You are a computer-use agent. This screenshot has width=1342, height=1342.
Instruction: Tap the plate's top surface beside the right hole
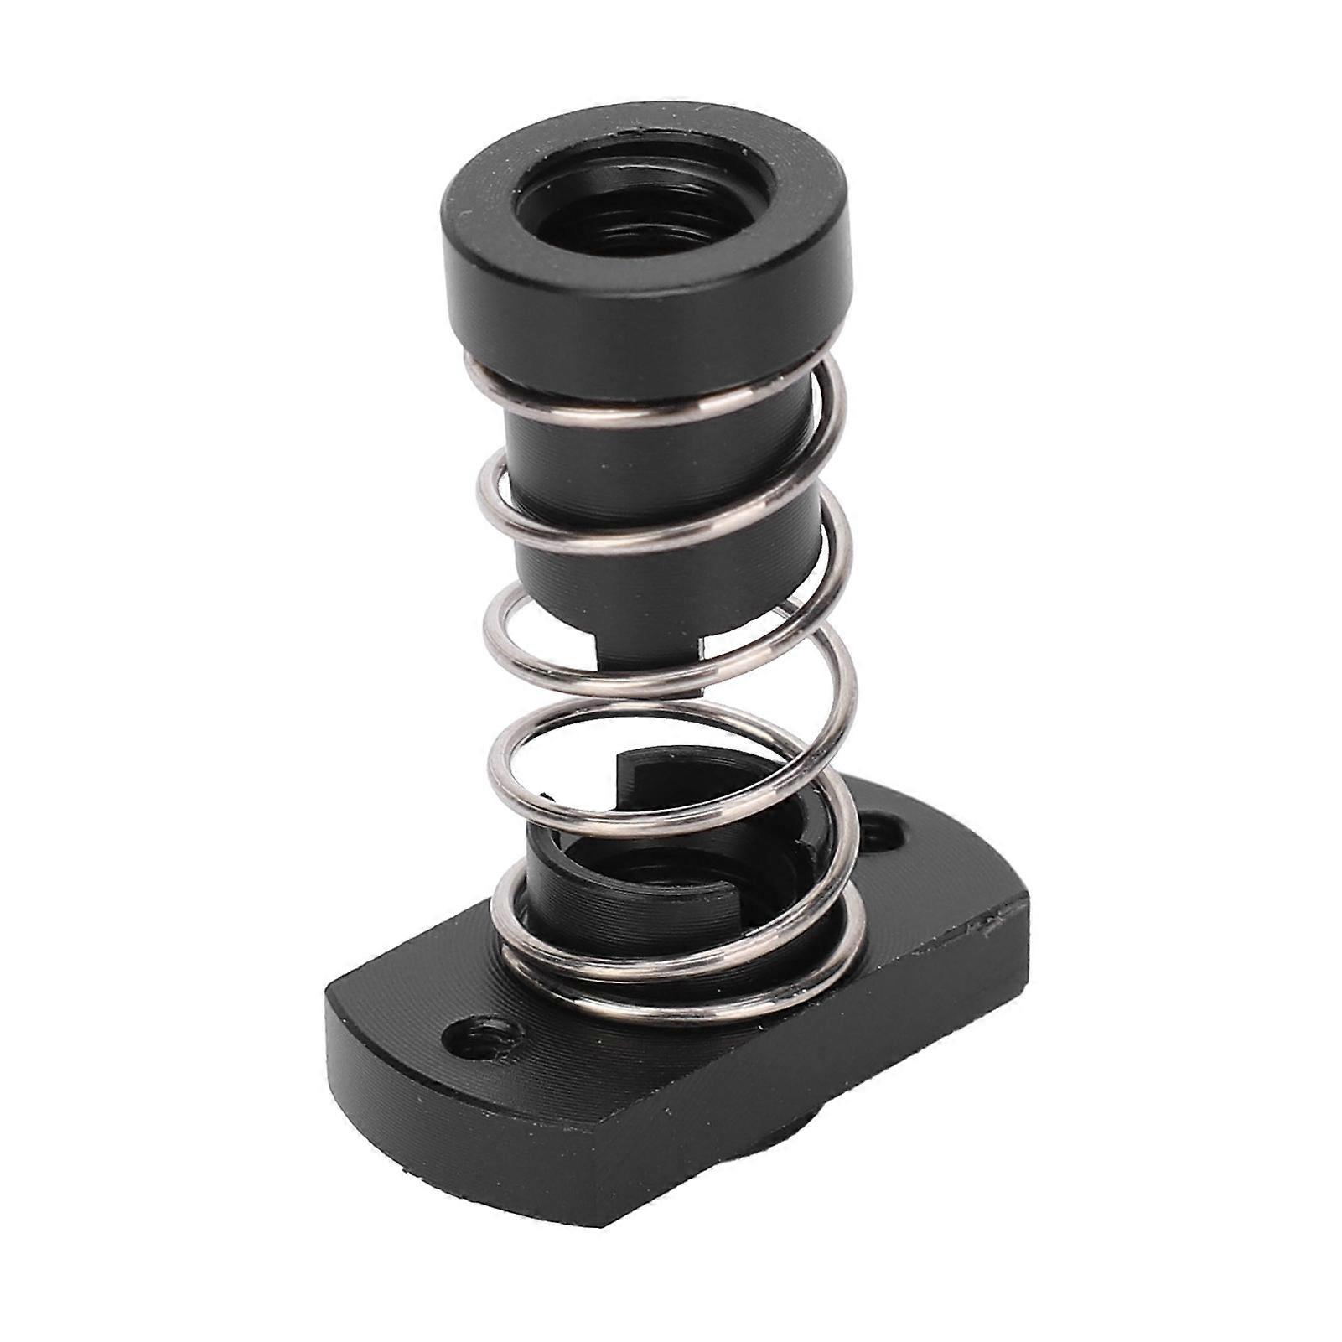click(x=930, y=872)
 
